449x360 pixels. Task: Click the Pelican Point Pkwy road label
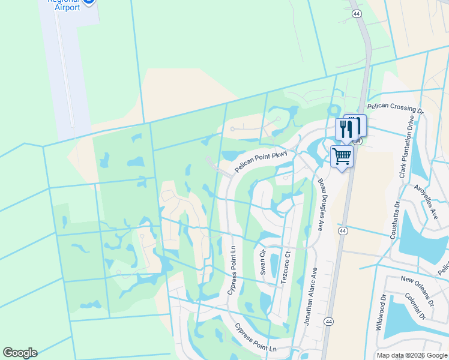pos(262,161)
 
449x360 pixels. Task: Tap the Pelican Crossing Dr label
pos(394,108)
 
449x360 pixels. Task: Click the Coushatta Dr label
pos(394,219)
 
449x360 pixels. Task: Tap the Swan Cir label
pos(262,262)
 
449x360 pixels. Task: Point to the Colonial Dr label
pos(414,305)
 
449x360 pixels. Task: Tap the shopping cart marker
pos(342,157)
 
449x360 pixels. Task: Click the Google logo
pos(20,353)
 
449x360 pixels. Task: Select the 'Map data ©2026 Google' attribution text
pos(411,355)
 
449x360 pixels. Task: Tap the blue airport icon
pos(89,2)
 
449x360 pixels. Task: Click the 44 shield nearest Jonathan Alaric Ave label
pos(328,322)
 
